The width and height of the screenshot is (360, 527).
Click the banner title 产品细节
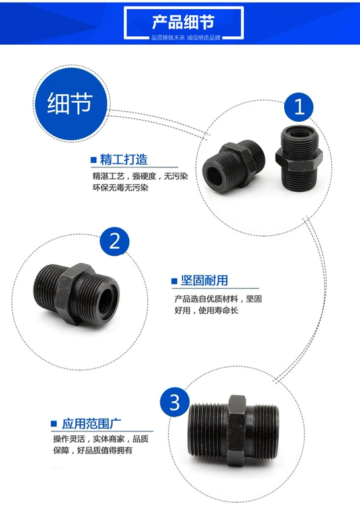click(x=183, y=22)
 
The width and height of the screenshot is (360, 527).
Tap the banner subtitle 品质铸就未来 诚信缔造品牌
click(x=186, y=38)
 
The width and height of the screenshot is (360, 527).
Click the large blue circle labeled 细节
click(x=70, y=103)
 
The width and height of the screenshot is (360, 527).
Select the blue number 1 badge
click(x=299, y=107)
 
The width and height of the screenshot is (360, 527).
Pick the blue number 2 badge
click(x=115, y=241)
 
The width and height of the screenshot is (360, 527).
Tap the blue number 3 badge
click(x=175, y=402)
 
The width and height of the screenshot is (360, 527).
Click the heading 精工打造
click(x=124, y=159)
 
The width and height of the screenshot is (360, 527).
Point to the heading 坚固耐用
click(x=204, y=281)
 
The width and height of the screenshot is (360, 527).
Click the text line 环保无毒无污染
click(x=121, y=188)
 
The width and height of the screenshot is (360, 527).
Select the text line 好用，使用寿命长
click(x=206, y=310)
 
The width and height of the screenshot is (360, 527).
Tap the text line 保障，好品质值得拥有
click(x=93, y=450)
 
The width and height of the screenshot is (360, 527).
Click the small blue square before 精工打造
click(x=94, y=160)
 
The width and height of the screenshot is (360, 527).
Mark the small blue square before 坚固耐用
click(x=174, y=281)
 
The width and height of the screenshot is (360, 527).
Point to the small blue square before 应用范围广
click(x=54, y=424)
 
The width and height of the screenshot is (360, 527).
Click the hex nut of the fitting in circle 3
click(x=237, y=431)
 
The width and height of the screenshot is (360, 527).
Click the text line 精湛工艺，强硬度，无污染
click(x=140, y=176)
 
